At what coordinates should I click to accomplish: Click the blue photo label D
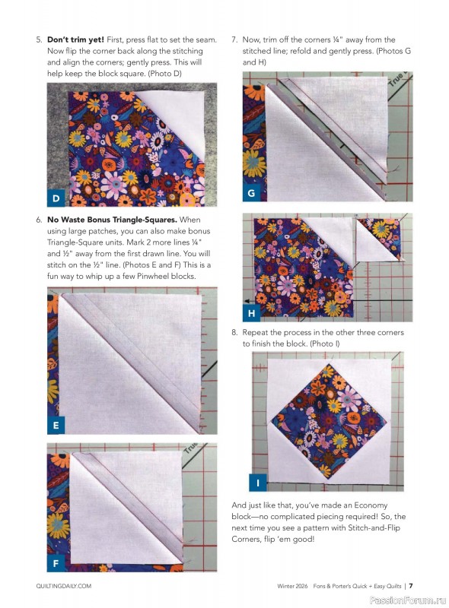pyautogui.click(x=56, y=199)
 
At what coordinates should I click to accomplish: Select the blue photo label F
pyautogui.click(x=56, y=562)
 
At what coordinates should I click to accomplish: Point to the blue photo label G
pyautogui.click(x=251, y=194)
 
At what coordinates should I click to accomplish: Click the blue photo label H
pyautogui.click(x=251, y=312)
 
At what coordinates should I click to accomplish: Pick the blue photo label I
pyautogui.click(x=259, y=483)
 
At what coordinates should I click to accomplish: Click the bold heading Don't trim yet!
pyautogui.click(x=75, y=40)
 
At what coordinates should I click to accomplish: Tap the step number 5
pyautogui.click(x=38, y=40)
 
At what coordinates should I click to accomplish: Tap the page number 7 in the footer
pyautogui.click(x=410, y=586)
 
